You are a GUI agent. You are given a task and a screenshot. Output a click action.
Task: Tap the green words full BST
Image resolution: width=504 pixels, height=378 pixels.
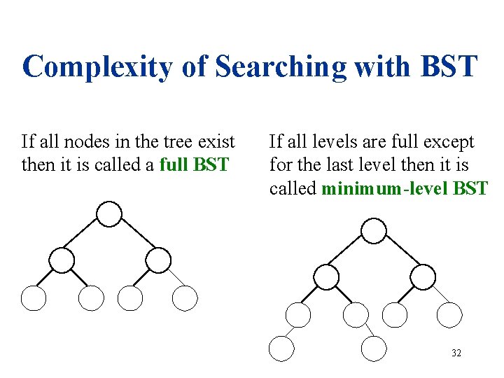(x=194, y=165)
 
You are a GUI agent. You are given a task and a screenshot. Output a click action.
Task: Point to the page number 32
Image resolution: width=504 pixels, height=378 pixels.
(x=456, y=353)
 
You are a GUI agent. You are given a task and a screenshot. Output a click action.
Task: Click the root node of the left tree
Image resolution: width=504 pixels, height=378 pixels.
(x=109, y=214)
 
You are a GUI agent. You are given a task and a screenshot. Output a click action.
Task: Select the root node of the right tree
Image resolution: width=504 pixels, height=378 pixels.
(x=374, y=230)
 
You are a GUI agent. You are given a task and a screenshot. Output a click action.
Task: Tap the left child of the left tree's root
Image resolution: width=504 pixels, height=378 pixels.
(x=62, y=260)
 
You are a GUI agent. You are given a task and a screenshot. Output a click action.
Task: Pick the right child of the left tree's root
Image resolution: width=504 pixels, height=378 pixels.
(x=158, y=260)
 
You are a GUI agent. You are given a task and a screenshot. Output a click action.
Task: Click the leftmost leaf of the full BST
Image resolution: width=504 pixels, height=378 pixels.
(x=34, y=299)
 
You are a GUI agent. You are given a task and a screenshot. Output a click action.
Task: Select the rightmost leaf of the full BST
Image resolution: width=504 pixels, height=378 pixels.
(x=185, y=299)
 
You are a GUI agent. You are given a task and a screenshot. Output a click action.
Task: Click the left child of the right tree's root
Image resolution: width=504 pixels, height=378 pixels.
(x=326, y=276)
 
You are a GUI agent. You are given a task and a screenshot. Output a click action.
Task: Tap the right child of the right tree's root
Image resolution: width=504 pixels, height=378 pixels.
(x=423, y=276)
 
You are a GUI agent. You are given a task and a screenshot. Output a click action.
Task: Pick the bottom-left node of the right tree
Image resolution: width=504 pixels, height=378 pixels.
(x=282, y=348)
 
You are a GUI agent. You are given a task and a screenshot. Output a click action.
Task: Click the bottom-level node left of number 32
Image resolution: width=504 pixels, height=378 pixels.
(x=374, y=348)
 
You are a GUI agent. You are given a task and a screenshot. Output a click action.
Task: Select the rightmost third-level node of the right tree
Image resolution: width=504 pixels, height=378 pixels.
(x=449, y=315)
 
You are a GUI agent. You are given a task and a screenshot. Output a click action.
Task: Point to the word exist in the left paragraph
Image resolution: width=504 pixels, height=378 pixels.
(x=216, y=142)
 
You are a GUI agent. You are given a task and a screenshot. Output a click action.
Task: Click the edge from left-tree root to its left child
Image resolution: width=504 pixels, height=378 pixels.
(x=85, y=237)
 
